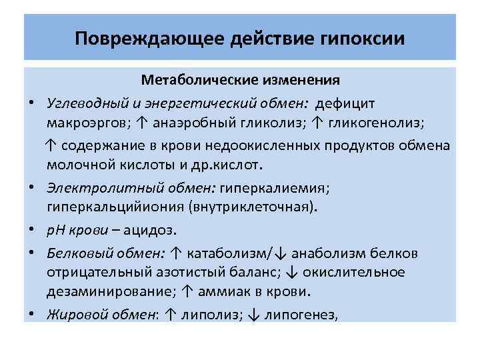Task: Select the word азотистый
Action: point(192,272)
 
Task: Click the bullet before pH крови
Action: point(31,231)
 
